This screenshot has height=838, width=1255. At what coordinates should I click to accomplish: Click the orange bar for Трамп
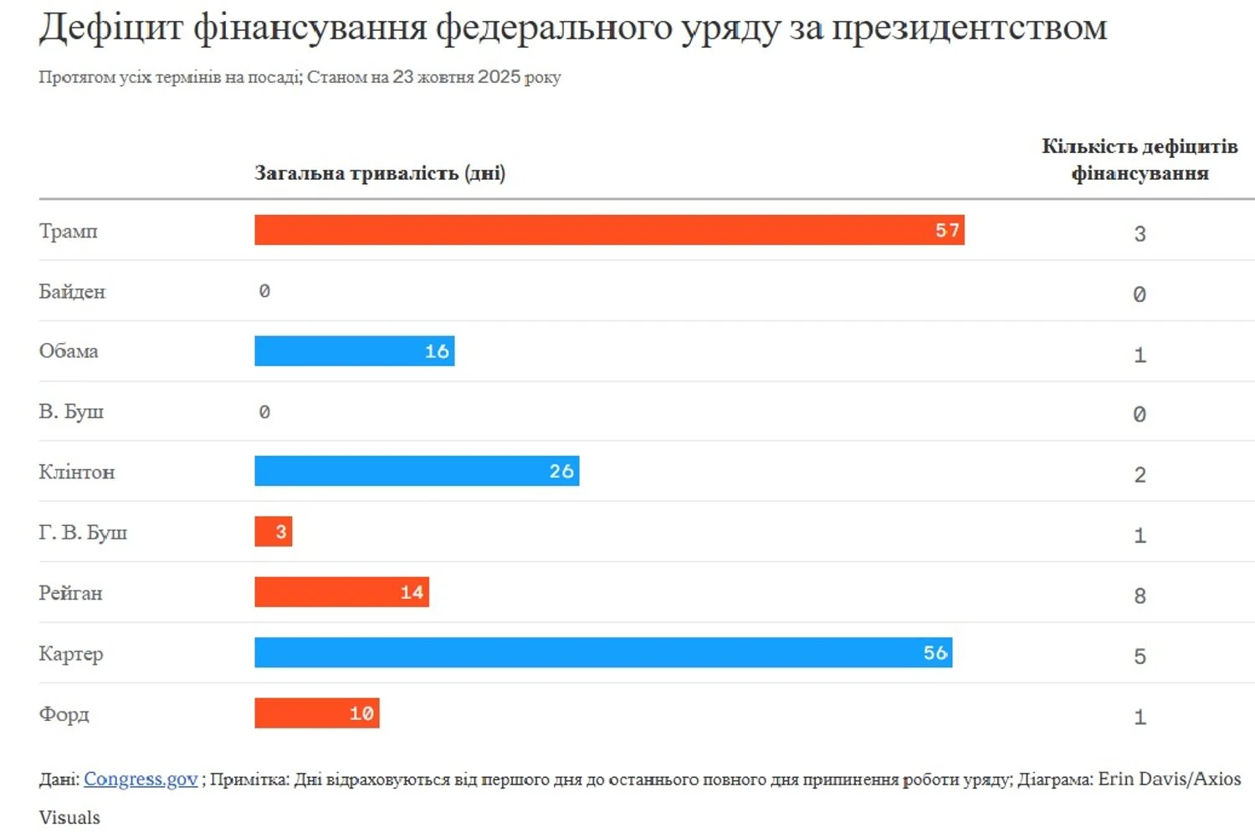(609, 230)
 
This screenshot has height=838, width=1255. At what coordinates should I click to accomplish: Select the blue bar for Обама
(354, 351)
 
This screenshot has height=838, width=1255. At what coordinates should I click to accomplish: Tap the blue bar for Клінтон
(417, 471)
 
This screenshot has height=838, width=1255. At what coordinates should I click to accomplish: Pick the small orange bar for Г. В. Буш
(273, 532)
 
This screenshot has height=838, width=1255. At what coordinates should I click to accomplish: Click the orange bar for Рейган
(341, 592)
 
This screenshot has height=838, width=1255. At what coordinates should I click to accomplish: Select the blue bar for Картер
(603, 653)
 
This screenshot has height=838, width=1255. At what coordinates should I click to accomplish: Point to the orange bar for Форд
(316, 713)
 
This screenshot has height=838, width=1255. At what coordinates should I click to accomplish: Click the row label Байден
(72, 292)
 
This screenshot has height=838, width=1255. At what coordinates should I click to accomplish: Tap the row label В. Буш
(71, 411)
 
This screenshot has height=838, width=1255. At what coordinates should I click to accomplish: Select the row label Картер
(71, 654)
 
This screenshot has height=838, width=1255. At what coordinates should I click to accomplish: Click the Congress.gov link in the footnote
(141, 779)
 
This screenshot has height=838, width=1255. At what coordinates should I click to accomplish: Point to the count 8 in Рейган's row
(1140, 596)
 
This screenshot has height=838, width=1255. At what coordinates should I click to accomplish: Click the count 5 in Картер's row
(1140, 657)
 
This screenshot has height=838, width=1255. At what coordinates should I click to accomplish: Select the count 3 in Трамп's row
(1140, 234)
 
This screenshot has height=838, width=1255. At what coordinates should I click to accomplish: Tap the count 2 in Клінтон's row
(1140, 475)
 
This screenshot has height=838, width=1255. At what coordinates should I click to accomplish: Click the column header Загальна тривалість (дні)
(380, 173)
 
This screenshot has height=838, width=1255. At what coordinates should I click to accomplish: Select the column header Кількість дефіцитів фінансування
(1140, 160)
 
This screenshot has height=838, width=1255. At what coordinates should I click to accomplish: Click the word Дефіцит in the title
(110, 28)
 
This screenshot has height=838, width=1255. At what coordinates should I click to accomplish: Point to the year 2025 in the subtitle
(499, 77)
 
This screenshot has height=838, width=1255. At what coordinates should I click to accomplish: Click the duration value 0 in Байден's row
(264, 291)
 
